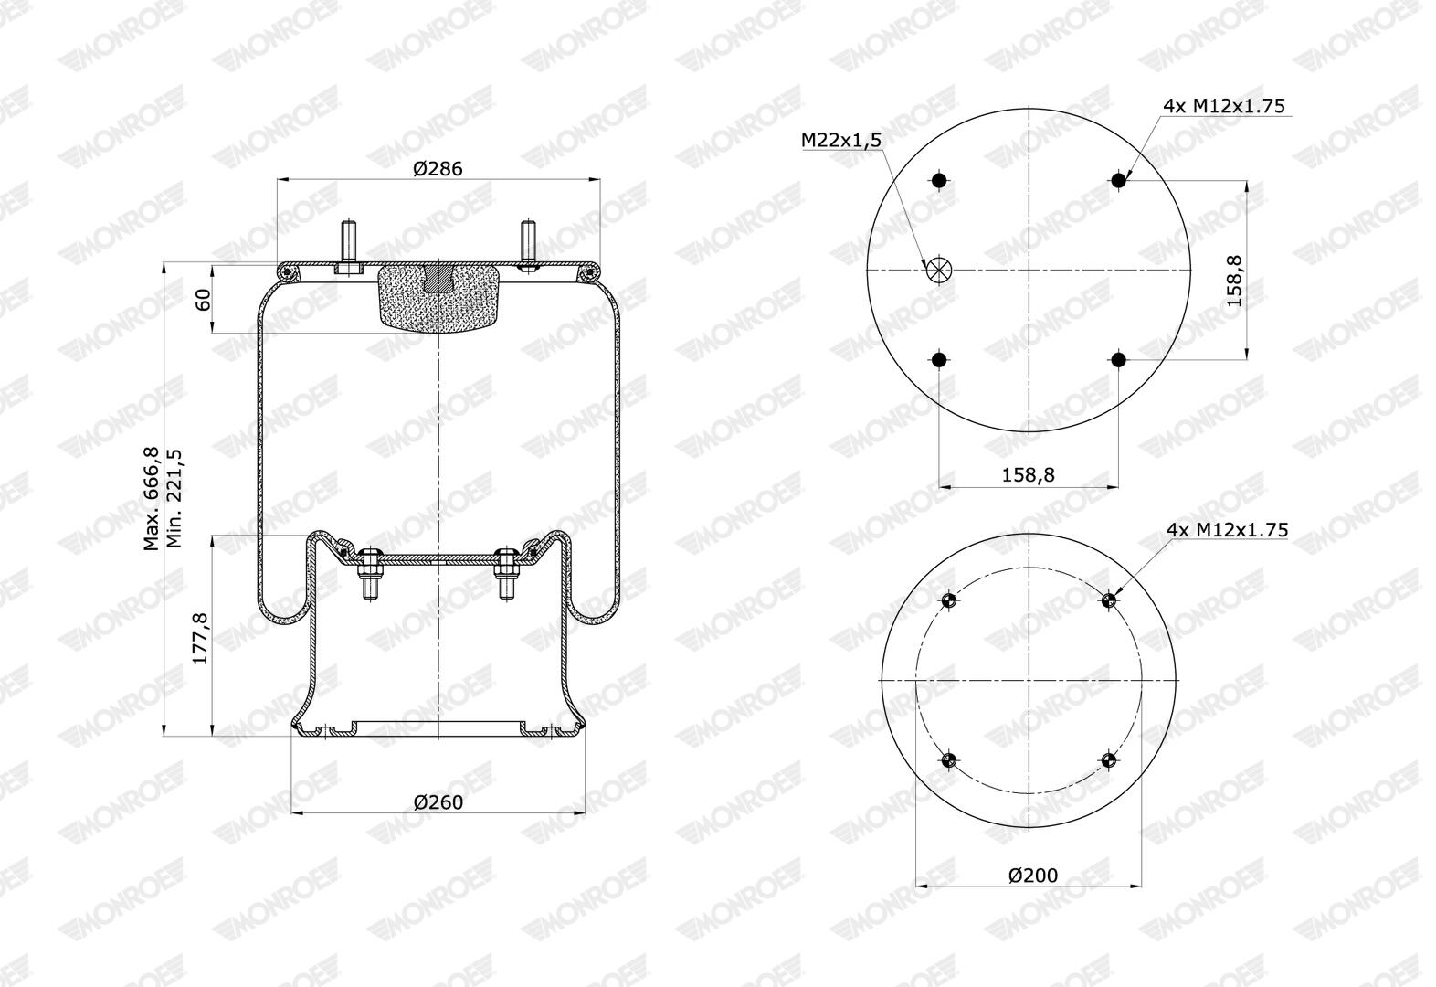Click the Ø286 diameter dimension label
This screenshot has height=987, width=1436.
[x=438, y=169]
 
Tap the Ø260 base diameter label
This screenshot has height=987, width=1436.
[x=438, y=802]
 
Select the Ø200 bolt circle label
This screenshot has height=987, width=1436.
[x=1033, y=875]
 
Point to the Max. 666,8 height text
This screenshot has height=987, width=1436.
[x=152, y=499]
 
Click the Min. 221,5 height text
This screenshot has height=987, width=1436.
[x=174, y=498]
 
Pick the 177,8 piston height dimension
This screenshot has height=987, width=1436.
[x=201, y=639]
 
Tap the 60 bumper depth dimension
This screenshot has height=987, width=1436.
[x=203, y=299]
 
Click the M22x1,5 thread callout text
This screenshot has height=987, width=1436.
[x=841, y=140]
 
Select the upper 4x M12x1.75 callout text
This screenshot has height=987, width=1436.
[x=1224, y=106]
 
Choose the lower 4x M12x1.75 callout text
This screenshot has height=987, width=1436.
[x=1227, y=530]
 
